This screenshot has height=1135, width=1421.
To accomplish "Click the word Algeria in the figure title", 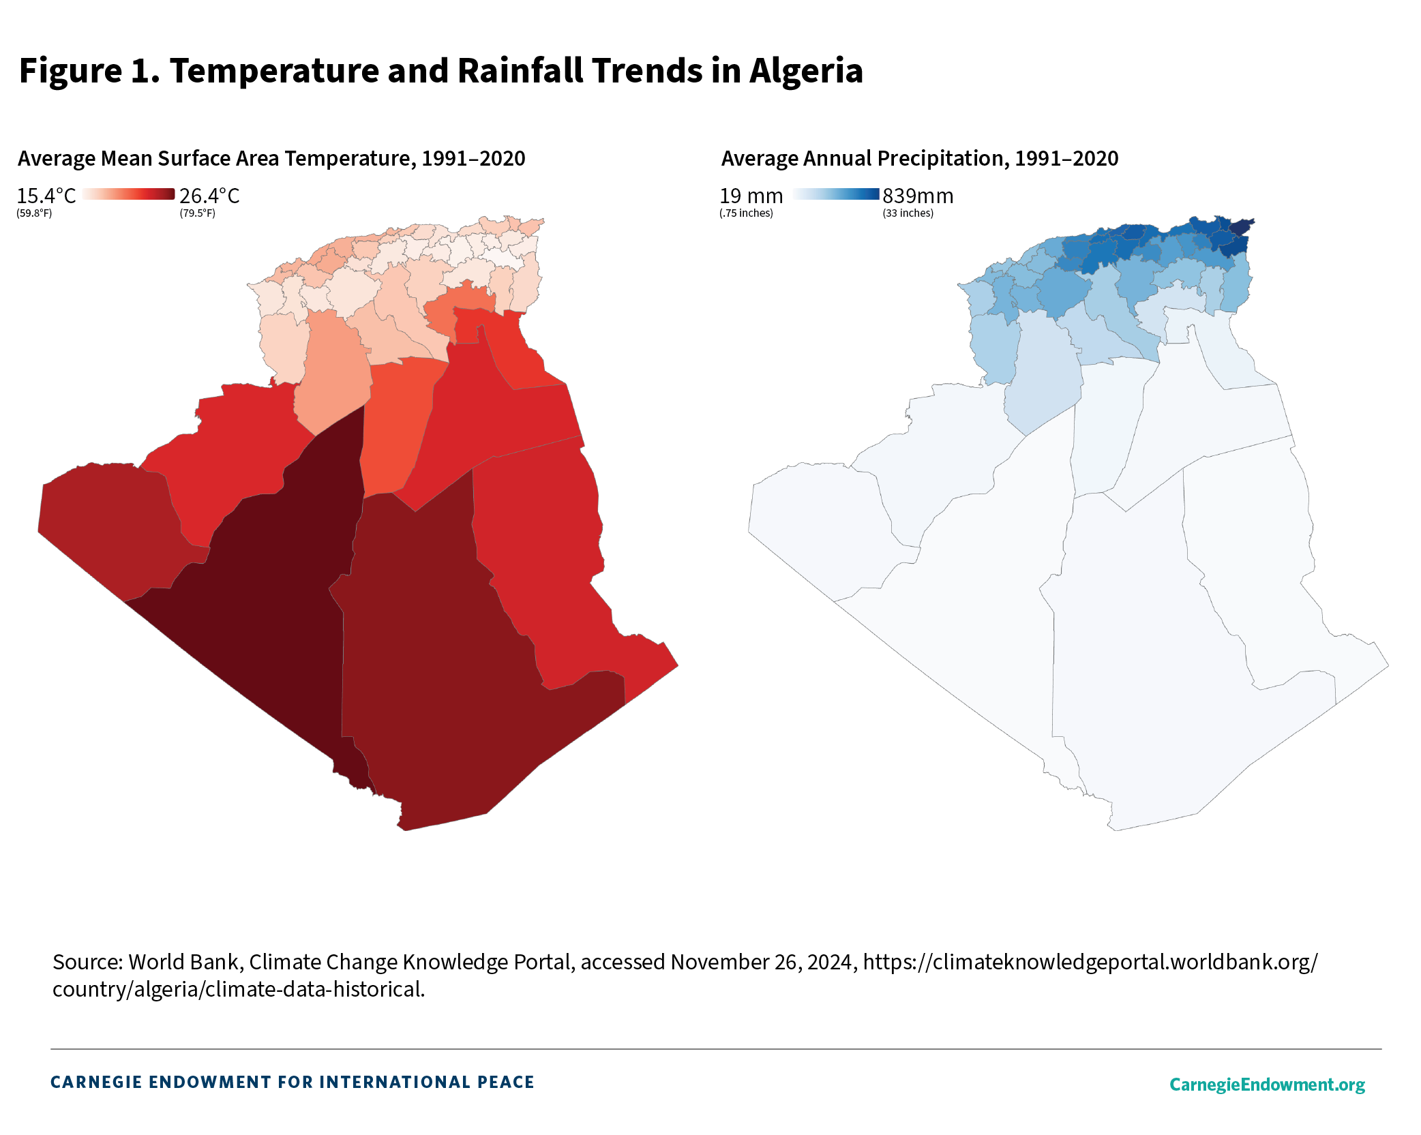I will coord(806,71).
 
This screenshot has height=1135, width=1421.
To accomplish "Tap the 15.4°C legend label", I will coord(46,196).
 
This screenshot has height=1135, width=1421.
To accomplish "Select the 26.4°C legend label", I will coord(209,196).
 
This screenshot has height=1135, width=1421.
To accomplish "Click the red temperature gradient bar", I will coord(128,194).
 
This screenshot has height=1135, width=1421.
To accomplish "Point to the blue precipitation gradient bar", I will coord(836,194).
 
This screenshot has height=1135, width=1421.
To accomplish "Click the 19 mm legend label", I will coord(751,196).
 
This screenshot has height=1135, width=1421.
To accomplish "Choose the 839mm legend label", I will coord(918,196).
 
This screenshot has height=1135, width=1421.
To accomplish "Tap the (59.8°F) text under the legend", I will coord(34,213).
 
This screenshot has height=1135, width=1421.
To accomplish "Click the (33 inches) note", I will coord(908,213).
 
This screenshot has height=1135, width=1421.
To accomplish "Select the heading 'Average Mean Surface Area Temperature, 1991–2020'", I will coord(271,158).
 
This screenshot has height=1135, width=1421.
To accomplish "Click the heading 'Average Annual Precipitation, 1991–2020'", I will coord(919,158).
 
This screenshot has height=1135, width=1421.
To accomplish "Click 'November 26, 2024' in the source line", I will coord(761,962).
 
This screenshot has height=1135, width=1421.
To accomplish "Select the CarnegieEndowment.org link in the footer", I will coord(1267,1085).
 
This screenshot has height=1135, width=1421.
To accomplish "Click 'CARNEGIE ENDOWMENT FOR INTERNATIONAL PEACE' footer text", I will coord(292,1083).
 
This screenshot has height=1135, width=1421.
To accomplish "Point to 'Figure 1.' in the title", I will coord(89,71).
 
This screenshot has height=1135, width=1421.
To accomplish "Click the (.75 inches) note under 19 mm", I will coord(746,213).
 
